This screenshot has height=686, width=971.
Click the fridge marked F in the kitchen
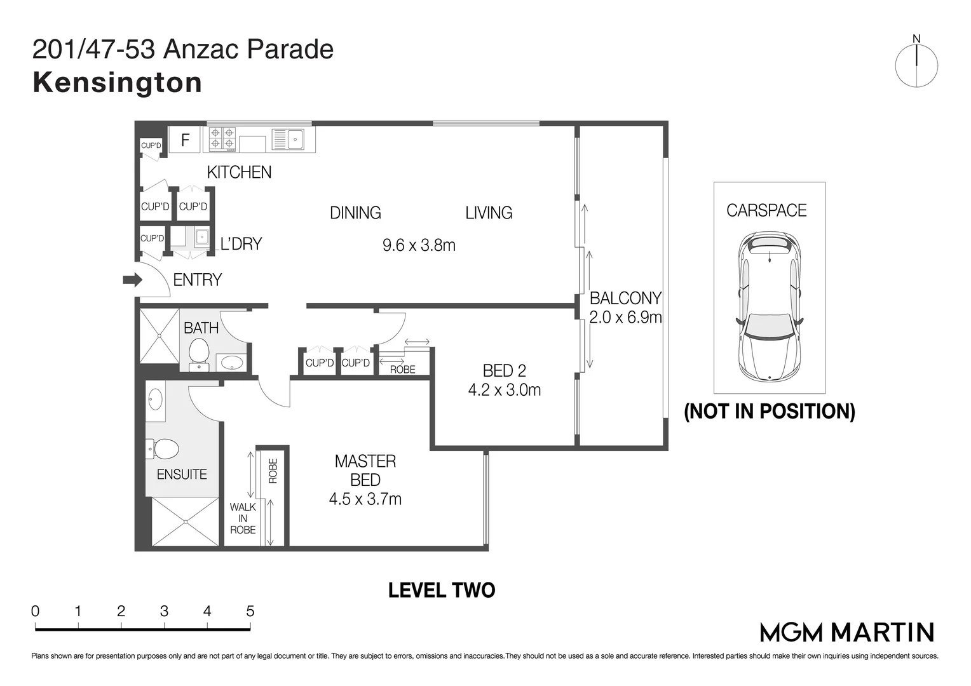point(185,140)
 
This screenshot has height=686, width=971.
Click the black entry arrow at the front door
point(132,279)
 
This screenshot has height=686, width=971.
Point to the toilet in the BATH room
point(199,353)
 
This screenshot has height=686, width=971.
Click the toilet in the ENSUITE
point(163,449)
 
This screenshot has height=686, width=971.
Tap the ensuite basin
point(155,400)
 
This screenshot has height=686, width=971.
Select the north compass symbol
point(916,64)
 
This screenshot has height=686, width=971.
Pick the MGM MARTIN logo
point(847,632)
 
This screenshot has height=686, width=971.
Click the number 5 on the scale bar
point(250,611)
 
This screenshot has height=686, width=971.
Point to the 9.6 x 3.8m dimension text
point(419,245)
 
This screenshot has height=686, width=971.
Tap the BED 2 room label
point(504,370)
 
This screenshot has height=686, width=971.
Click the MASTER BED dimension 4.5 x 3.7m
point(365,499)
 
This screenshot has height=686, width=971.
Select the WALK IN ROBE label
point(243,518)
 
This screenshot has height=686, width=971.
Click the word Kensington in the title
point(118,83)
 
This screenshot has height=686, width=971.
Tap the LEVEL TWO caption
point(442,590)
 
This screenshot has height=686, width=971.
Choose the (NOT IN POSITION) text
point(769,412)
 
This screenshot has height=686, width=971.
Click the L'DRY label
point(241,244)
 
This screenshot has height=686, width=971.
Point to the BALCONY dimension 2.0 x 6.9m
point(625,317)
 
